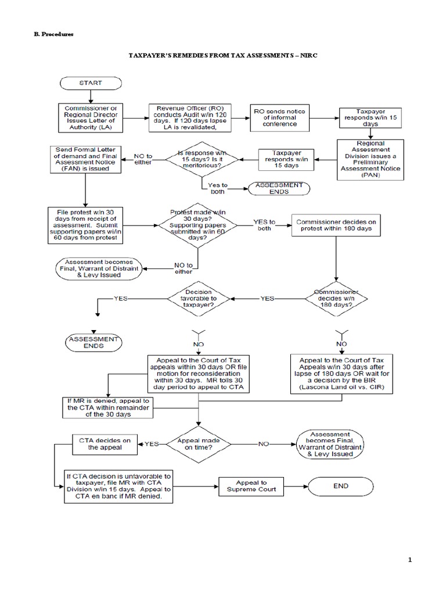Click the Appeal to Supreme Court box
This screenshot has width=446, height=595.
click(x=251, y=486)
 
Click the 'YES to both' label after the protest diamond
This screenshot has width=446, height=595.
click(x=264, y=225)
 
